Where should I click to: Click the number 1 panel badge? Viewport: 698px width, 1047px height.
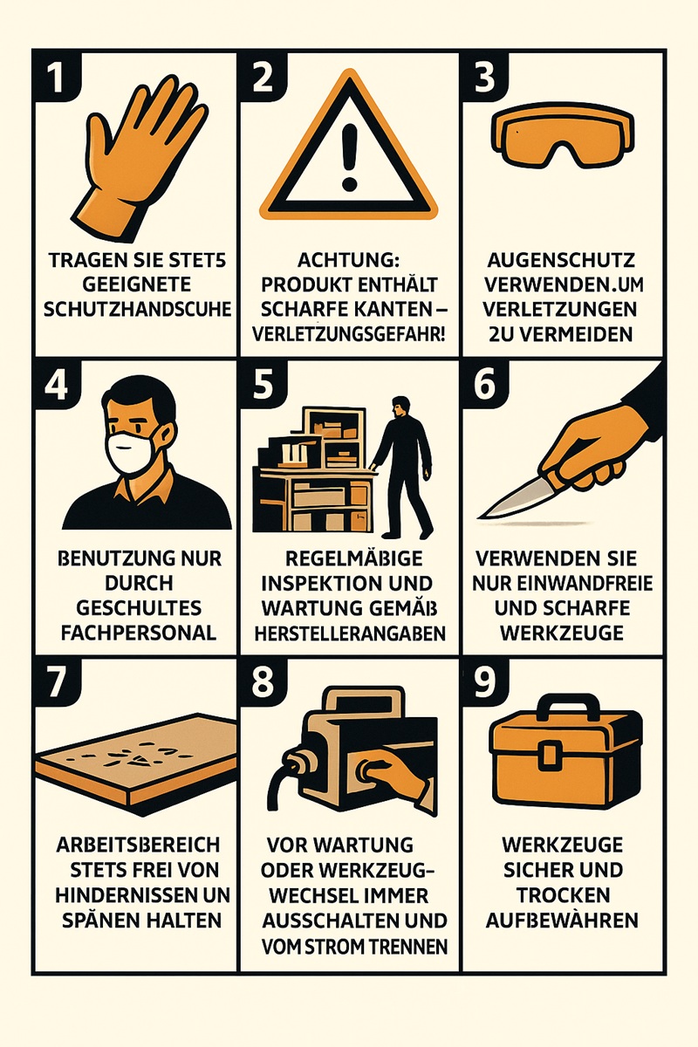pyautogui.click(x=57, y=77)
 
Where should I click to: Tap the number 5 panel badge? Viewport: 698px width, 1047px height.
pyautogui.click(x=263, y=384)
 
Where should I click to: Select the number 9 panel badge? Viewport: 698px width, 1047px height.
pyautogui.click(x=485, y=682)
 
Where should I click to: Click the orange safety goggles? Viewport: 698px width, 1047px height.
pyautogui.click(x=563, y=135)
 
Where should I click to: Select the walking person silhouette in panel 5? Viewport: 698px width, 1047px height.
pyautogui.click(x=402, y=468)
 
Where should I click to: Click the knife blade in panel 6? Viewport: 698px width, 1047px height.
pyautogui.click(x=513, y=500)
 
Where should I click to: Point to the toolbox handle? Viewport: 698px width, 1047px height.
pyautogui.click(x=565, y=712)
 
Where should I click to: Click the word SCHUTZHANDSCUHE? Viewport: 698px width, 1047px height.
pyautogui.click(x=138, y=310)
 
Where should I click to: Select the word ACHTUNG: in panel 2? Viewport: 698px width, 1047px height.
pyautogui.click(x=349, y=260)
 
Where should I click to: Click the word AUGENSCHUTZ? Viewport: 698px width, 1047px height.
pyautogui.click(x=562, y=260)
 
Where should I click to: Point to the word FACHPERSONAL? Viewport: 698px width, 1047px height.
pyautogui.click(x=139, y=633)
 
